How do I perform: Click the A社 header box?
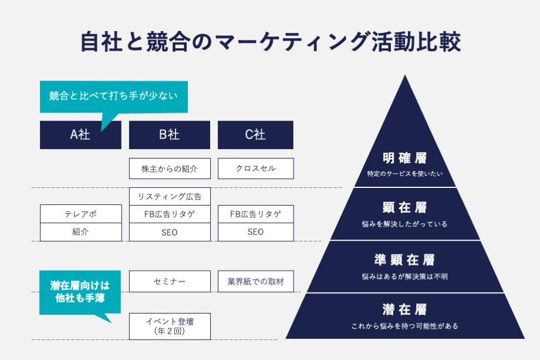click(80, 135)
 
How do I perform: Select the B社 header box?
click(170, 135)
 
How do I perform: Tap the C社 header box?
click(255, 135)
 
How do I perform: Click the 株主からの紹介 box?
click(170, 169)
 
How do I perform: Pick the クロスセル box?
click(255, 169)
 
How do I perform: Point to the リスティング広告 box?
click(170, 196)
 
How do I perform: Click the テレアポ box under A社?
click(80, 214)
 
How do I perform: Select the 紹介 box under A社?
click(80, 232)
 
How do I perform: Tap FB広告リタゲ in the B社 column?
click(170, 214)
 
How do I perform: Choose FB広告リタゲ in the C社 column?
click(255, 214)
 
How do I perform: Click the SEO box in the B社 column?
click(170, 232)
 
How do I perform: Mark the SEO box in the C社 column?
click(255, 232)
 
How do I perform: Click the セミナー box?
click(170, 281)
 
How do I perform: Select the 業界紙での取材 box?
click(255, 281)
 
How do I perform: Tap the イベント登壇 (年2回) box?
click(170, 326)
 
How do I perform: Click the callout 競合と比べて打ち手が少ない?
click(113, 96)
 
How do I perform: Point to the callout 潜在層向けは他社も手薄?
click(80, 292)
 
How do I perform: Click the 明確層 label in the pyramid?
click(404, 158)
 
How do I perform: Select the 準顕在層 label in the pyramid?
click(404, 260)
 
